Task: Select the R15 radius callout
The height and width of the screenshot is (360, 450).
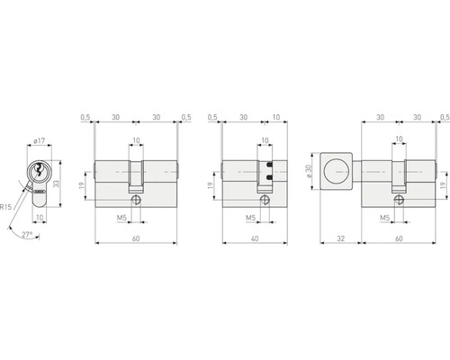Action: pos(7,206)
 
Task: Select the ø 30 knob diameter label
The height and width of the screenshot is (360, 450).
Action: pos(308,171)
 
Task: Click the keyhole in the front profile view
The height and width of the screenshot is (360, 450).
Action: pos(38,172)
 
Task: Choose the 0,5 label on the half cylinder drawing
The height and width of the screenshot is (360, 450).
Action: pos(212,117)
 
